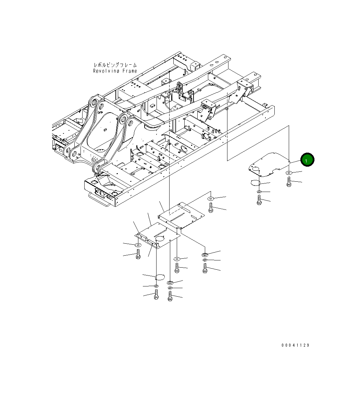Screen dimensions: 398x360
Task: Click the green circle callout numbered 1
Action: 307,159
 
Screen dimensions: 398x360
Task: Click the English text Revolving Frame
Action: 115,71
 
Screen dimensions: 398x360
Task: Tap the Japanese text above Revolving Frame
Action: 115,65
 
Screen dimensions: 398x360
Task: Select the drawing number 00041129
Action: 295,345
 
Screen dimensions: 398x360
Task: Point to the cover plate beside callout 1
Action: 269,164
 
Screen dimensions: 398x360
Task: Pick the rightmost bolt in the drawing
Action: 289,182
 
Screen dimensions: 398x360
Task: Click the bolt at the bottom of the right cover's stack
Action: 259,200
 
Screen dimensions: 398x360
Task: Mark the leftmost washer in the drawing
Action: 138,245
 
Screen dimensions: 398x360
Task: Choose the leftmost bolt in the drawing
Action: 138,254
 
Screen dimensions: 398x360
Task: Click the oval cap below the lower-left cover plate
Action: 160,276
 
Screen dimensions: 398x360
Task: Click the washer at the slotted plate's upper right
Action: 211,198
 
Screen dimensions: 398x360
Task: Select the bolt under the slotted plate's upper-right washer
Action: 211,207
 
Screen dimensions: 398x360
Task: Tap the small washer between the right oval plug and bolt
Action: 259,192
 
